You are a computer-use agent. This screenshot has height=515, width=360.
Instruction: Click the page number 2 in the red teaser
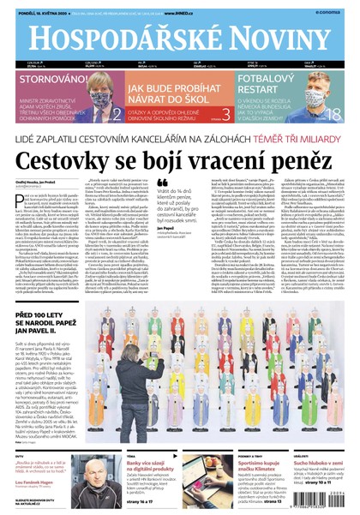coord(116,112)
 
